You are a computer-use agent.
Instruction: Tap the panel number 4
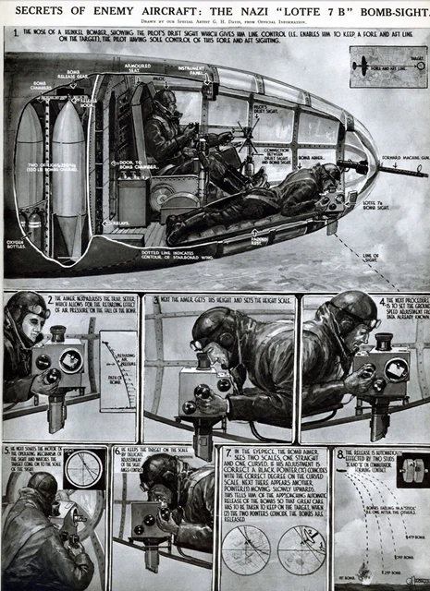[x=383, y=301]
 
